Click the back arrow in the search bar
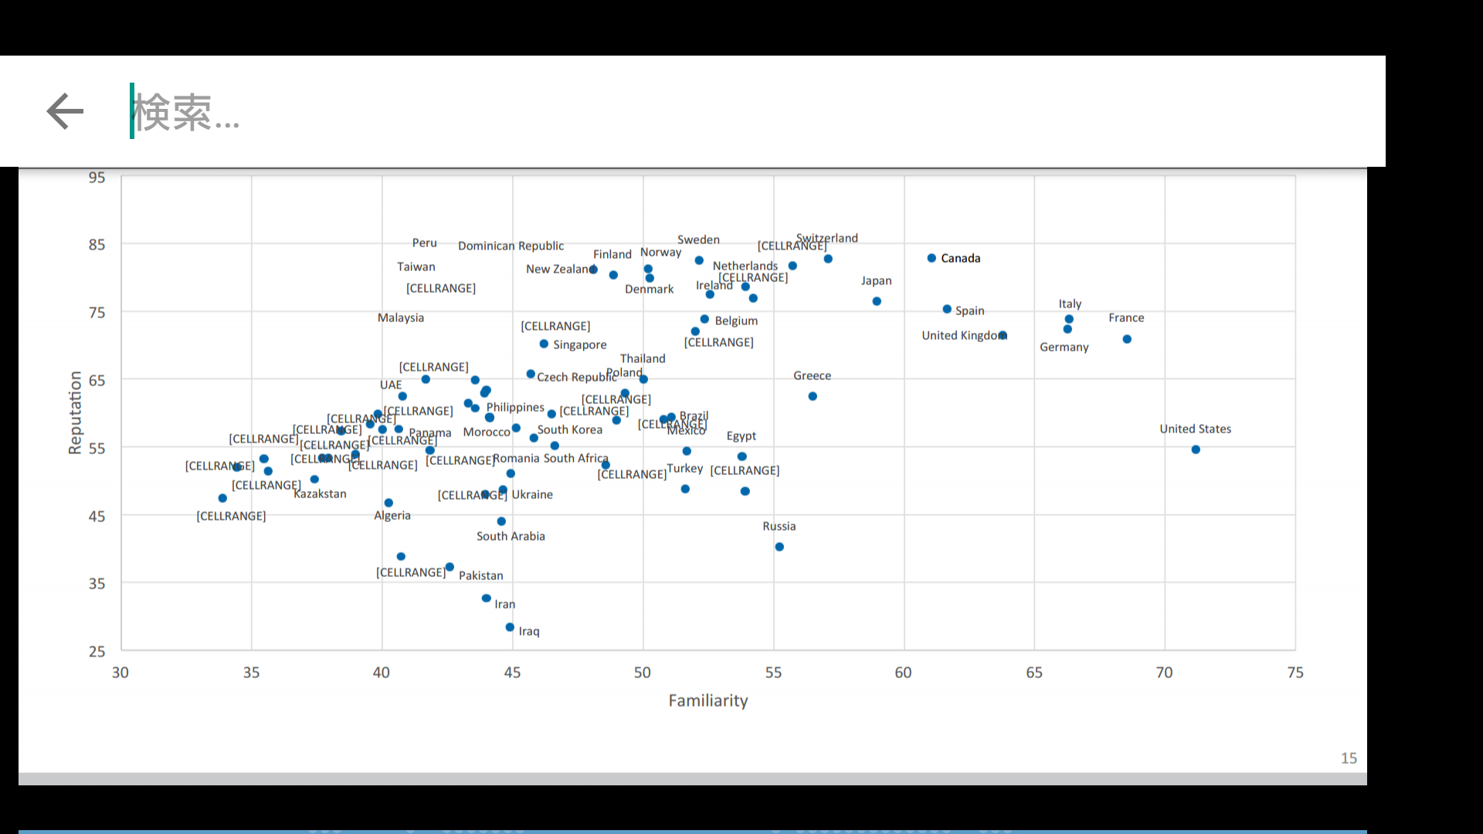pyautogui.click(x=65, y=111)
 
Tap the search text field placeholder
pyautogui.click(x=186, y=113)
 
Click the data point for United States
pyautogui.click(x=1196, y=449)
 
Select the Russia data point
pyautogui.click(x=779, y=547)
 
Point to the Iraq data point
pyautogui.click(x=510, y=627)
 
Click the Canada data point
pyautogui.click(x=932, y=258)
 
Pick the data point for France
pyautogui.click(x=1127, y=339)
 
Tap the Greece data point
pyautogui.click(x=813, y=396)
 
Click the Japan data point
pyautogui.click(x=877, y=301)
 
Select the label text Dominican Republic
pyautogui.click(x=511, y=246)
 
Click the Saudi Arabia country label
pyautogui.click(x=511, y=536)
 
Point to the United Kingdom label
pyautogui.click(x=962, y=335)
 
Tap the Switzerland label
pyautogui.click(x=827, y=238)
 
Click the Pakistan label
pyautogui.click(x=480, y=575)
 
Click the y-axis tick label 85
pyautogui.click(x=97, y=245)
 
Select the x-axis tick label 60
pyautogui.click(x=903, y=673)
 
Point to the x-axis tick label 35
pyautogui.click(x=251, y=673)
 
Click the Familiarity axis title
pyautogui.click(x=708, y=700)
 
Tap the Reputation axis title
pyautogui.click(x=75, y=412)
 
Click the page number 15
pyautogui.click(x=1349, y=758)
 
